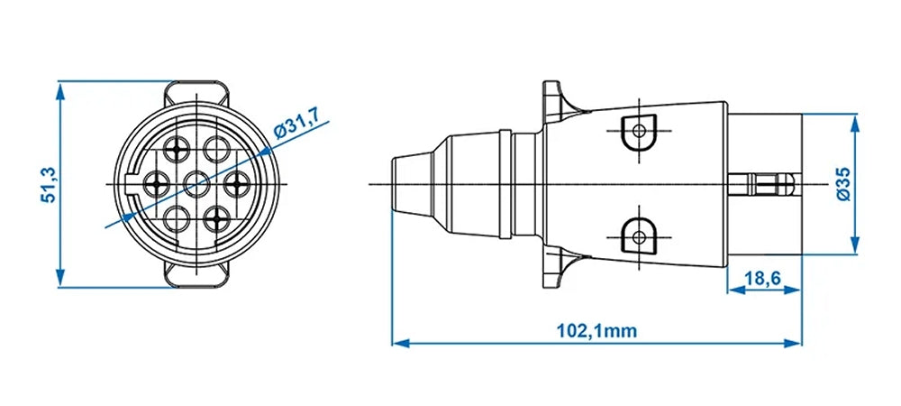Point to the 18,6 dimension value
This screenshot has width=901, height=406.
pyautogui.click(x=764, y=279)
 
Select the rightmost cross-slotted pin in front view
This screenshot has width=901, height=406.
pyautogui.click(x=237, y=184)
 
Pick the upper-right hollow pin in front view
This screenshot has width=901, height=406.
pyautogui.click(x=216, y=149)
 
